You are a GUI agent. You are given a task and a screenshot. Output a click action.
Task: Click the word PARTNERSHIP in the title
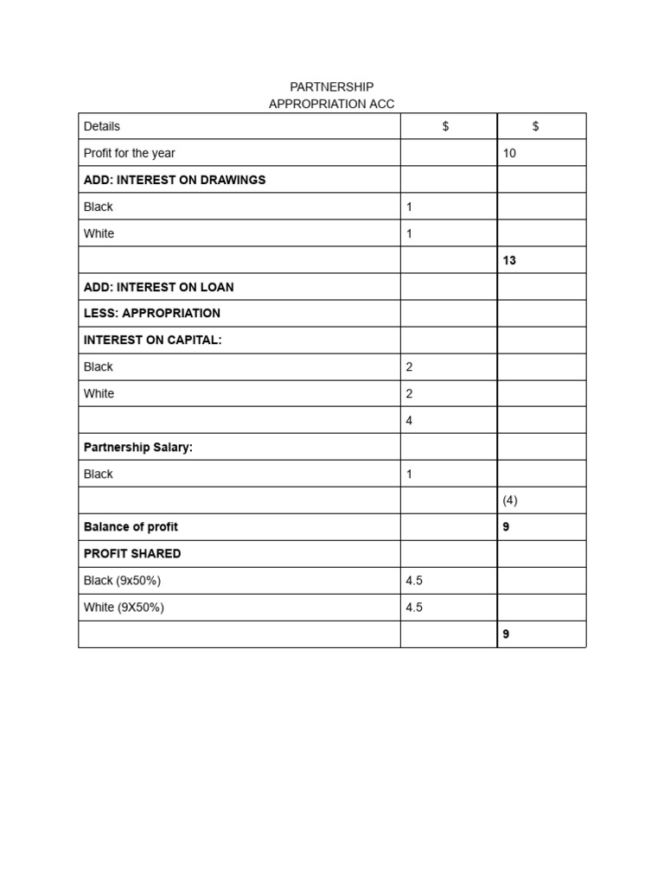click(x=331, y=87)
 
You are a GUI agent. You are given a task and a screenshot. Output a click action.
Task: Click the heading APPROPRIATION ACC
click(x=331, y=104)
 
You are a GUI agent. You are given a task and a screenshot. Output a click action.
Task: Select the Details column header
click(x=102, y=126)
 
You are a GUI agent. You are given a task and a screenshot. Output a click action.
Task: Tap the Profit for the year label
click(x=129, y=153)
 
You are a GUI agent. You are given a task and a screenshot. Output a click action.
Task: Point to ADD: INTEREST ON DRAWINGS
click(x=175, y=180)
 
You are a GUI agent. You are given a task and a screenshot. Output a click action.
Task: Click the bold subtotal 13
click(x=508, y=260)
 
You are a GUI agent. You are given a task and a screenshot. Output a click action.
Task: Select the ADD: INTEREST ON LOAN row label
click(x=158, y=287)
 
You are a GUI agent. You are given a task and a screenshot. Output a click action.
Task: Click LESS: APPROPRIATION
click(x=151, y=313)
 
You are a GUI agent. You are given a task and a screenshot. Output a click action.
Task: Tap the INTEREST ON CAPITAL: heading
click(x=152, y=340)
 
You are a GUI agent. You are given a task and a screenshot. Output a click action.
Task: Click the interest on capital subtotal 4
click(x=409, y=421)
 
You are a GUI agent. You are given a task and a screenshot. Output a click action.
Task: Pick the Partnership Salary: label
click(x=137, y=447)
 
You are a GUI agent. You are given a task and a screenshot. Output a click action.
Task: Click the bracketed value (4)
click(x=509, y=500)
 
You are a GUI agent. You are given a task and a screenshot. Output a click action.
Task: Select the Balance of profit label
click(x=131, y=526)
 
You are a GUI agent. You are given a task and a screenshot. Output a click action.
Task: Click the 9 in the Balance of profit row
click(x=506, y=526)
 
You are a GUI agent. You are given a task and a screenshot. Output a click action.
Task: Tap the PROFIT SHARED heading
click(x=132, y=553)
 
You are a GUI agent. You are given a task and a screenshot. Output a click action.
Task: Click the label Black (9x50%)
click(x=122, y=580)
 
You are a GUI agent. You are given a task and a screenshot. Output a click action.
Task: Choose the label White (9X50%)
click(x=124, y=607)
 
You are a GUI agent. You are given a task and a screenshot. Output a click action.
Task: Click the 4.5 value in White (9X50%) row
click(x=414, y=607)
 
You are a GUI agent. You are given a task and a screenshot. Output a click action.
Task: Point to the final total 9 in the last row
click(x=506, y=634)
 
